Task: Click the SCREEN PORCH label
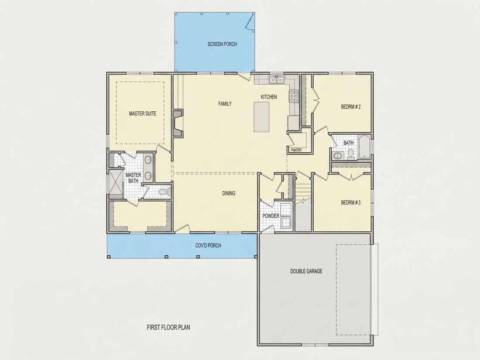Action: coord(222,44)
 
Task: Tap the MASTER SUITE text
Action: coord(143,113)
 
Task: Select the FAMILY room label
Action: coord(225,104)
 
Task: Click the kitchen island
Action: coord(261,117)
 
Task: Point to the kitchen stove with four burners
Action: coord(294,96)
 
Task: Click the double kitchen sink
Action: coord(276,79)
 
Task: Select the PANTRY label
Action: coord(296,150)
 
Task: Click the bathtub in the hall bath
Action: coord(364,147)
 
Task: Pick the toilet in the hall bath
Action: coord(351,154)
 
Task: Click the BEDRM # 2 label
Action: coord(351,107)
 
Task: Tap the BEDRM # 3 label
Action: coord(351,202)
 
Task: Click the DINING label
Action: coord(229,193)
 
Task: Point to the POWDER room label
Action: coord(271,216)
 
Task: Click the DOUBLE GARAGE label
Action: coord(306,271)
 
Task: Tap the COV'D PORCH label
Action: coord(208,246)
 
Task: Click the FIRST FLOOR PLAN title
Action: coord(168,328)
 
